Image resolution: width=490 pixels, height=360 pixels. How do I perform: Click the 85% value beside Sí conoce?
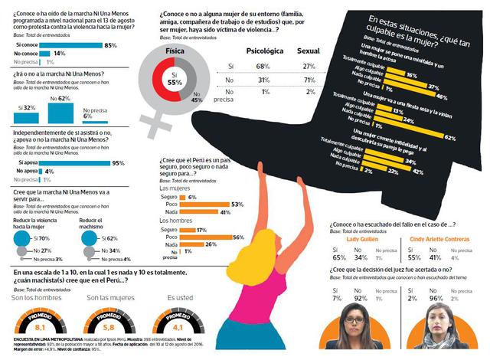[132, 46]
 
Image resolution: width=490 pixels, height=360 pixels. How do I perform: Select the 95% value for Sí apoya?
[118, 163]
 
